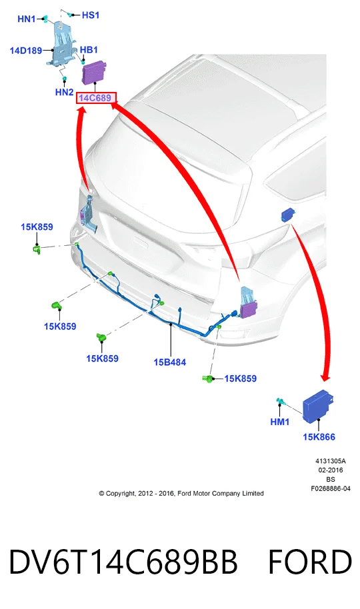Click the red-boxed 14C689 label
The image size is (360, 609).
(95, 98)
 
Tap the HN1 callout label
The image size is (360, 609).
(27, 19)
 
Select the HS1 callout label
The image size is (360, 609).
(91, 15)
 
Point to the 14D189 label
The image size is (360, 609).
(25, 51)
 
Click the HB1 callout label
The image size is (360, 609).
(89, 50)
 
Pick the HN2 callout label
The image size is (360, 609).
(64, 92)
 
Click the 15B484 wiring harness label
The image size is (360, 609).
(170, 362)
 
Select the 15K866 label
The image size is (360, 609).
(319, 437)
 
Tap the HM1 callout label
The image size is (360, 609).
(280, 421)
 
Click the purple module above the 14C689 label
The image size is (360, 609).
(95, 72)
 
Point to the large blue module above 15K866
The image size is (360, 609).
(318, 404)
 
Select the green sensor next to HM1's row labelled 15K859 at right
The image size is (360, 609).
(208, 378)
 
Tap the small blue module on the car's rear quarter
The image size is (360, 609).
(288, 215)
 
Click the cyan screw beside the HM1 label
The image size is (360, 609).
(281, 402)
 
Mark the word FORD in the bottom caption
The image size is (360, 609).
(310, 562)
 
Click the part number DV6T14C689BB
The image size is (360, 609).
(123, 562)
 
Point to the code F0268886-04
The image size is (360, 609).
(331, 488)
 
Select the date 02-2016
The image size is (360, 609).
(331, 470)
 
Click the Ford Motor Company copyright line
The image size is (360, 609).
(181, 493)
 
